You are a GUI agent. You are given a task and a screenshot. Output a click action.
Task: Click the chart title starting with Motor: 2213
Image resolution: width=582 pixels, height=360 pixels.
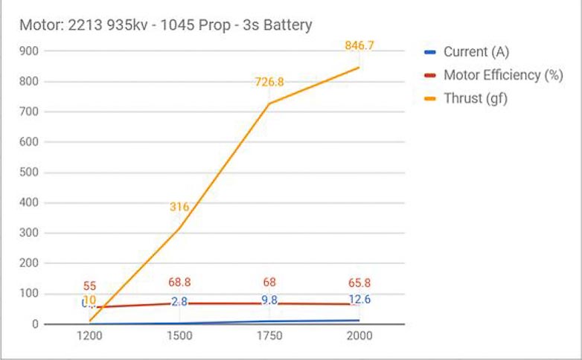165,25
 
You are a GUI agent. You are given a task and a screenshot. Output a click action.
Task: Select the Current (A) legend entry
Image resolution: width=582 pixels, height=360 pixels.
476,52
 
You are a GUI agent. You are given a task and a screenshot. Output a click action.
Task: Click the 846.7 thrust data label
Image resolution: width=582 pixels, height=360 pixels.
359,46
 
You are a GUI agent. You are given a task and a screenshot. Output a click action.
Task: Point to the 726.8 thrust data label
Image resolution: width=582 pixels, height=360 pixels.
269,82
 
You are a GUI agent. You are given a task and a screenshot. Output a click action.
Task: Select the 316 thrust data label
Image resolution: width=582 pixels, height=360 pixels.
179,207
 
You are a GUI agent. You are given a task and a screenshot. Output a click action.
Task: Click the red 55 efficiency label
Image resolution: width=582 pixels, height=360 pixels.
89,286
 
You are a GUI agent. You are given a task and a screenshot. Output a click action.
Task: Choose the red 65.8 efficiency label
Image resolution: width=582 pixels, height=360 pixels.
359,283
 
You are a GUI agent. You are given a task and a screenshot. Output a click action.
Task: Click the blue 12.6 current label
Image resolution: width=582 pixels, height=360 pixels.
359,300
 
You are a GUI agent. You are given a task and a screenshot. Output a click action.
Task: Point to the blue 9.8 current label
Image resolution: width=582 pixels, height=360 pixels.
269,300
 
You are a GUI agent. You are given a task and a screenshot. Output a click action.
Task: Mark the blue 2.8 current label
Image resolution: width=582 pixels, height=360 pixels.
179,301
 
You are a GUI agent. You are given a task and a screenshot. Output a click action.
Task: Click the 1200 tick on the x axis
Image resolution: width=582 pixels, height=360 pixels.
89,336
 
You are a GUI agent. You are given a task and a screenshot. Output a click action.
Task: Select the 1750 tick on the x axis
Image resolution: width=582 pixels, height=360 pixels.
269,336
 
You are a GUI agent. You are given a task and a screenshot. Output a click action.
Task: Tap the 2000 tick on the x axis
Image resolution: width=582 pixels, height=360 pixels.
359,336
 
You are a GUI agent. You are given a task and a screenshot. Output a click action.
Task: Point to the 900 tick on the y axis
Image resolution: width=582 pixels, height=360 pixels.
30,51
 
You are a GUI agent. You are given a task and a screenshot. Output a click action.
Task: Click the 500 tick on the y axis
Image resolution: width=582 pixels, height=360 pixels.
30,173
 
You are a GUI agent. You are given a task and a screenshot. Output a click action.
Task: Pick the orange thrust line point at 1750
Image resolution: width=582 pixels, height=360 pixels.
269,103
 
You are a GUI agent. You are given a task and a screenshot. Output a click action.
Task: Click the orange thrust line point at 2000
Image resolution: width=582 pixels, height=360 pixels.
359,67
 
